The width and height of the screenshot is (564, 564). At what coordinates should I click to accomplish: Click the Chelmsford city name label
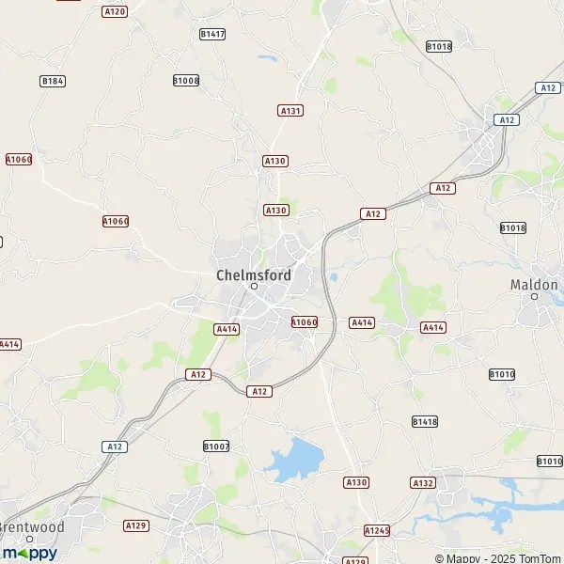tap(253, 274)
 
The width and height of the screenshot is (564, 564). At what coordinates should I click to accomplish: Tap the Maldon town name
tap(535, 283)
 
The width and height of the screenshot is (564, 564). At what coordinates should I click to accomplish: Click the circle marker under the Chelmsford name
tap(253, 287)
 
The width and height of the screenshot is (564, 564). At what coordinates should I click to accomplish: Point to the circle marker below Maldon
tap(535, 296)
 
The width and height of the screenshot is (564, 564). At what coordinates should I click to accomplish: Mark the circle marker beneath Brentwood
tap(30, 539)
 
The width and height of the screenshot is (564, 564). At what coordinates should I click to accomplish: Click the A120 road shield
tap(114, 11)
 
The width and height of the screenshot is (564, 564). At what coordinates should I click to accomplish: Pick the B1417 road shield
tap(212, 34)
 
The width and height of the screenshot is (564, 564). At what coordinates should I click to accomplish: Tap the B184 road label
tap(53, 82)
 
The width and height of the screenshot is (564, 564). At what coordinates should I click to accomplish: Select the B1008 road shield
tap(186, 81)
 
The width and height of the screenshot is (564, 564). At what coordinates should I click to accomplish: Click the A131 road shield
tap(290, 110)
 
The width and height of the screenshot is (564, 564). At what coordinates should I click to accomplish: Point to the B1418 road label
tap(425, 422)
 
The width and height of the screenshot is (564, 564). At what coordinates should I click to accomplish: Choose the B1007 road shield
tap(216, 446)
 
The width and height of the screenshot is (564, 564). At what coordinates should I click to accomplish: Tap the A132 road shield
tap(423, 482)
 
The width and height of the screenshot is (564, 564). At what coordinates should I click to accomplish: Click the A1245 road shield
tap(376, 530)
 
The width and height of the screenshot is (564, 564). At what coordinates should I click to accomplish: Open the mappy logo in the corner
tap(30, 553)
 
